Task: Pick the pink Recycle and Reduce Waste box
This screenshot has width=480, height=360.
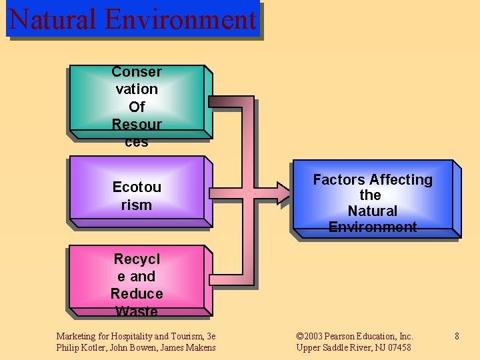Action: click(137, 280)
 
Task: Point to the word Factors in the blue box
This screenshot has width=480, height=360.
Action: click(339, 180)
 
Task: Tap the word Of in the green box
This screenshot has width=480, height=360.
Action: click(137, 107)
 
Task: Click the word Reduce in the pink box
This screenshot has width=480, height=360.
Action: click(137, 294)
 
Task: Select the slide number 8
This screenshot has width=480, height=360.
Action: click(457, 337)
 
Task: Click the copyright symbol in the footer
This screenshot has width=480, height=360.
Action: click(300, 337)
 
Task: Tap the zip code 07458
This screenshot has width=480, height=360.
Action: click(398, 347)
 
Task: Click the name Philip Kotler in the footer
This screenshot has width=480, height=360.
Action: click(79, 347)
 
